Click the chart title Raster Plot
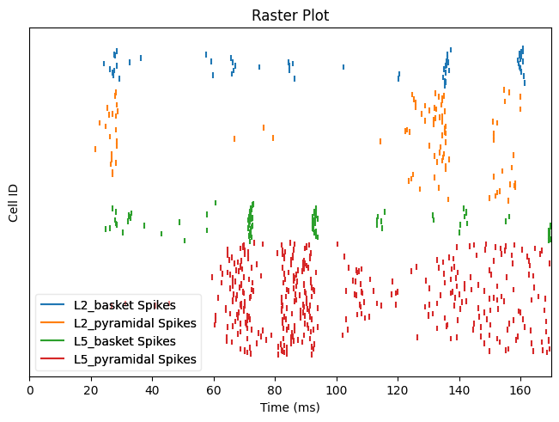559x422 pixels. [290, 15]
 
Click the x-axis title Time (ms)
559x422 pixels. [290, 407]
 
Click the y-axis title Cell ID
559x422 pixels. [14, 202]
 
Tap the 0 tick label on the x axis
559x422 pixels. [30, 389]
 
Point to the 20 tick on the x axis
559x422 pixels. [91, 389]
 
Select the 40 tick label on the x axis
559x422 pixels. [153, 389]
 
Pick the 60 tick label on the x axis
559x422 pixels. [214, 389]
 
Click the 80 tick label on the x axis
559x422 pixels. [276, 389]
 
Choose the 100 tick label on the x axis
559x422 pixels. [337, 389]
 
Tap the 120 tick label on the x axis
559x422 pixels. [398, 389]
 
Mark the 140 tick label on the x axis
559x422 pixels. [459, 389]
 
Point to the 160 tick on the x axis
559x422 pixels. [520, 389]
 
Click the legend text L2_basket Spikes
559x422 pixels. [125, 305]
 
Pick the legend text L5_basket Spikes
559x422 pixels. [125, 341]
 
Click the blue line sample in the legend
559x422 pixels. [54, 305]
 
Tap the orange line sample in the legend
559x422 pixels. [54, 323]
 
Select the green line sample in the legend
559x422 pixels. [54, 341]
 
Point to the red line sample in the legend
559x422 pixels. [54, 359]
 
